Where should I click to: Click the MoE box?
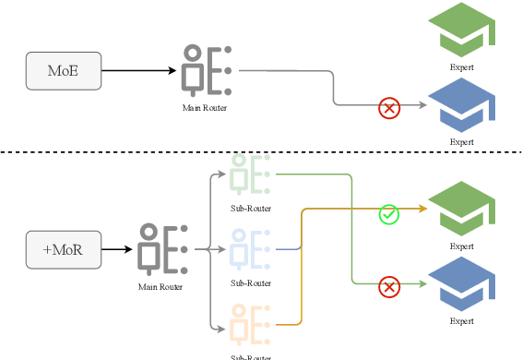click(x=64, y=71)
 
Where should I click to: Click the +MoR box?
click(x=64, y=249)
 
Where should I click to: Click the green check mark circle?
click(x=389, y=214)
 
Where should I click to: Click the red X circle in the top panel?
click(x=389, y=109)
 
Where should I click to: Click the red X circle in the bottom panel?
click(x=389, y=287)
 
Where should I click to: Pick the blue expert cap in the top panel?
click(x=464, y=104)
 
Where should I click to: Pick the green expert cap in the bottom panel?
click(x=464, y=210)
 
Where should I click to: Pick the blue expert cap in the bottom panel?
click(x=464, y=283)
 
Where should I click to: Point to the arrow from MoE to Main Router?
click(x=138, y=71)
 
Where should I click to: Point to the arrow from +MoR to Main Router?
click(x=116, y=249)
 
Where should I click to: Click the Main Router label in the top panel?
click(x=205, y=108)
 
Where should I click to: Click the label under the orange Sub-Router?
click(x=251, y=356)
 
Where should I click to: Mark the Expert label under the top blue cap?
click(x=461, y=142)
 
